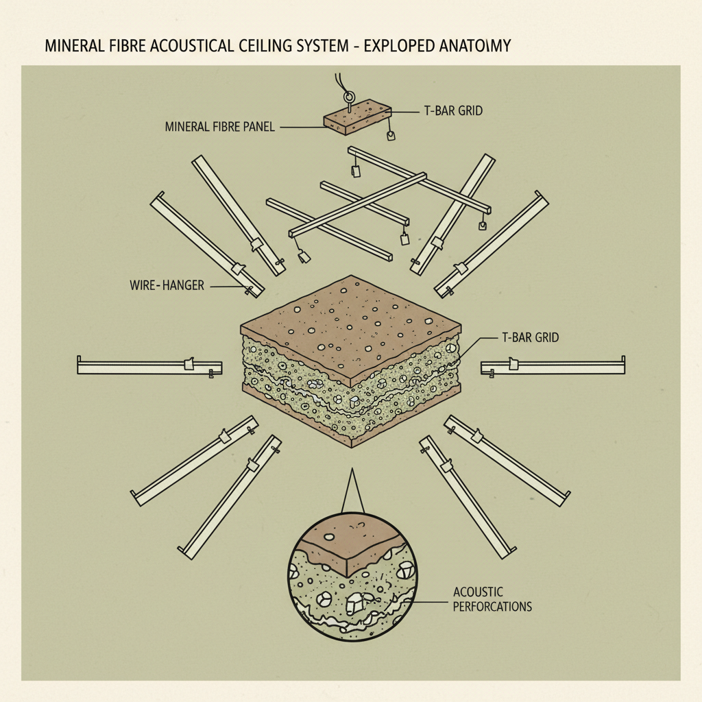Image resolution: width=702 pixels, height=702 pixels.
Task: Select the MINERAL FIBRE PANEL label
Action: [219, 127]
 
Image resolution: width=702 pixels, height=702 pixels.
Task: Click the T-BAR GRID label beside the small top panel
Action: [450, 110]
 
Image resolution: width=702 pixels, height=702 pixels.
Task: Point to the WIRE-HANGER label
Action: [167, 285]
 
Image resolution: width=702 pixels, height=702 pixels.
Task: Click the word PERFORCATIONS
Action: [492, 607]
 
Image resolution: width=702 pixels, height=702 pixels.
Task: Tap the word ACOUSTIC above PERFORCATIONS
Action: [479, 592]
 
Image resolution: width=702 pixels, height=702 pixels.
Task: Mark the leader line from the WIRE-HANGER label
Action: [226, 286]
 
